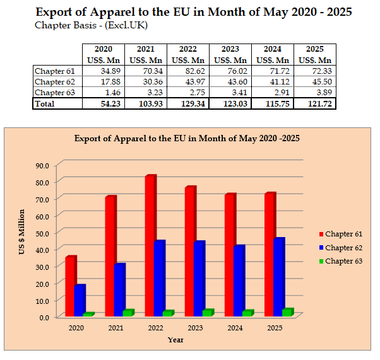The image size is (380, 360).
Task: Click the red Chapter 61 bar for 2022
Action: coord(150,246)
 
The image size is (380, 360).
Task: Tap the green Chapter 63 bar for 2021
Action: coord(128,313)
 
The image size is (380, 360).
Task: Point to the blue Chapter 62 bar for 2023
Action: coord(199,279)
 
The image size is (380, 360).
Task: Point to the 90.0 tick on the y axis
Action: coord(45,165)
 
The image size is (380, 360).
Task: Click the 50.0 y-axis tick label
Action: coord(45,233)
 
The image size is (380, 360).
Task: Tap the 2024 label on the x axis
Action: coord(235,328)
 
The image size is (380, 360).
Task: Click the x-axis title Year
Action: coord(175,340)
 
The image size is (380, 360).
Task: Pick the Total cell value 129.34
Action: coord(189,103)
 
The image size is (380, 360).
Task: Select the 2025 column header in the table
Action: coord(314,49)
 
